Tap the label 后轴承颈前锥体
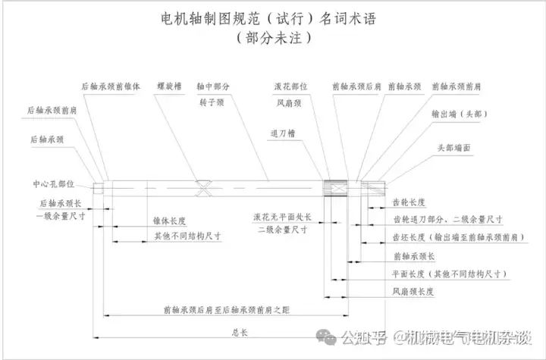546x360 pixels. coord(111,86)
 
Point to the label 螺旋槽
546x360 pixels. coord(170,86)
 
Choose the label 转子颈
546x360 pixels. coord(212,102)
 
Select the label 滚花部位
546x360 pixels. coord(290,86)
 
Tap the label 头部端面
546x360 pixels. coord(459,147)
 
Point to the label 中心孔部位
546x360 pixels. coord(53,184)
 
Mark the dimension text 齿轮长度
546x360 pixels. coord(409,202)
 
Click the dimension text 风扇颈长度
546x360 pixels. coord(413,292)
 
